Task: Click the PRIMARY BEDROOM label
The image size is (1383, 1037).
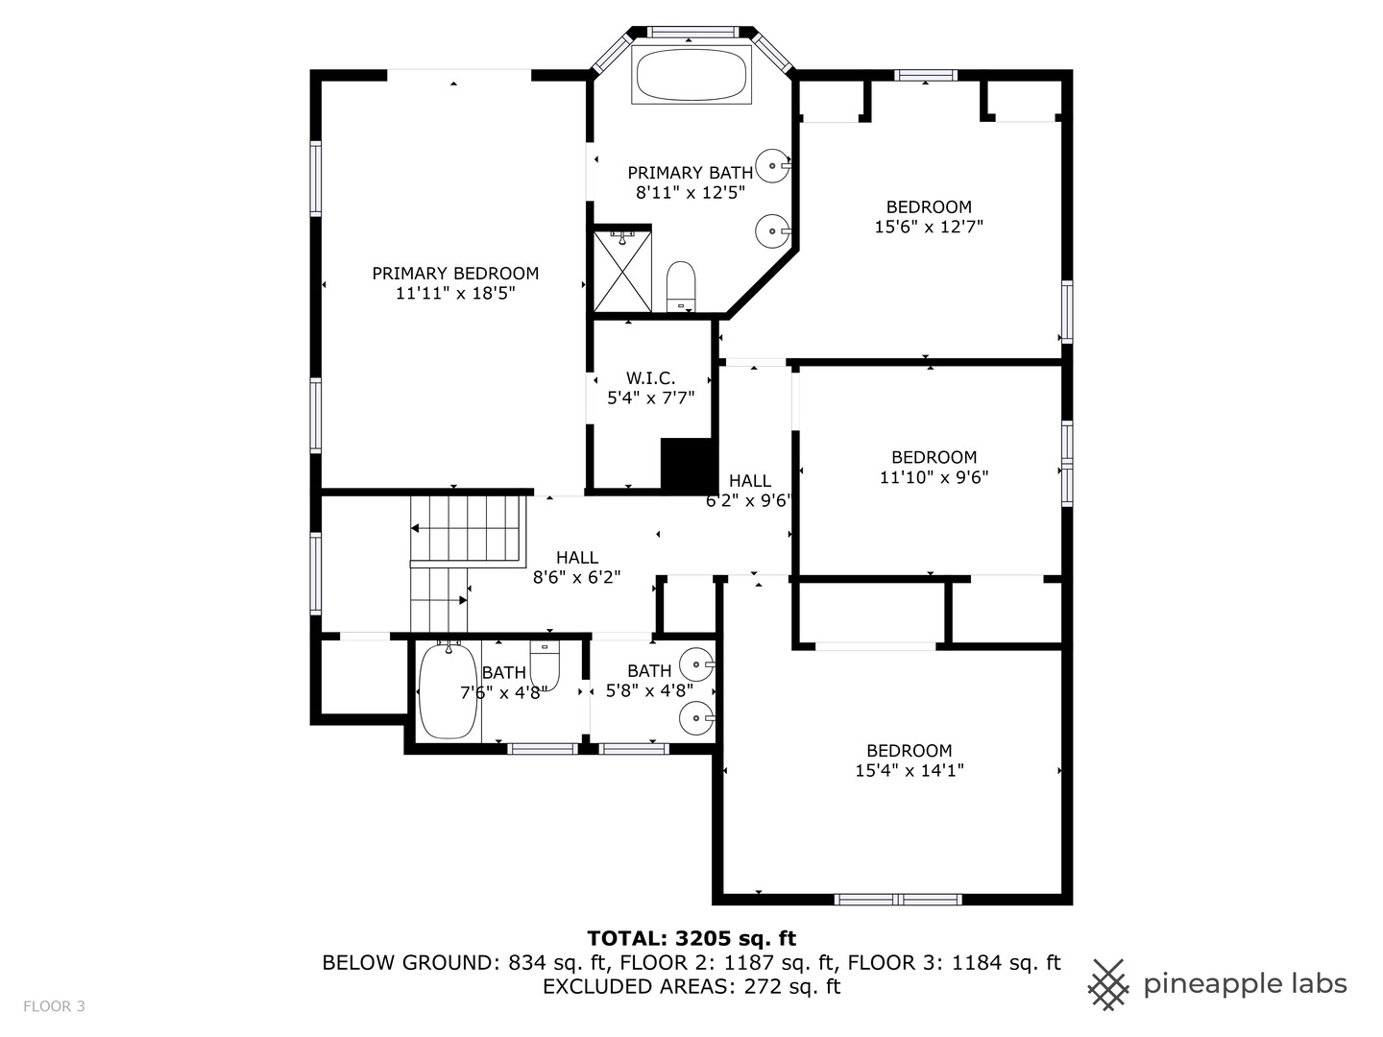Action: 455,274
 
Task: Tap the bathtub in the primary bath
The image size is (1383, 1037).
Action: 691,75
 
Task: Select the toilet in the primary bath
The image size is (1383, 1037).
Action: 681,286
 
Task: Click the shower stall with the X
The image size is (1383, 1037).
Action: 622,271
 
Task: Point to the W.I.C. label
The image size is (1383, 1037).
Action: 650,378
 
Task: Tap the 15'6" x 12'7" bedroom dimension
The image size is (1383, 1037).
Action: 929,227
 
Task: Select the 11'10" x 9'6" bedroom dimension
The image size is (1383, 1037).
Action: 934,477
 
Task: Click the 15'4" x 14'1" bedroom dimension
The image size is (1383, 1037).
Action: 910,770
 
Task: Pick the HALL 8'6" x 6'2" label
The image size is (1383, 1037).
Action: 577,567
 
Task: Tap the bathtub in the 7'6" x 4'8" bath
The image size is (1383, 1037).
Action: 448,691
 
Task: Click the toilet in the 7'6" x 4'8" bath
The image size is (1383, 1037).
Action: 545,664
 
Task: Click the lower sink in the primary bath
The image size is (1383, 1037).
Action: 772,230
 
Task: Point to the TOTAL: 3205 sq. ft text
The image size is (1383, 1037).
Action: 691,939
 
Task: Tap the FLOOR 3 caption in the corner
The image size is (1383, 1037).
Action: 54,1006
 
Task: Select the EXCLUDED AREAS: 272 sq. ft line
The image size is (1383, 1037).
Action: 691,987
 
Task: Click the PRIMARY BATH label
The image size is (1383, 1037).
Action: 690,173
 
